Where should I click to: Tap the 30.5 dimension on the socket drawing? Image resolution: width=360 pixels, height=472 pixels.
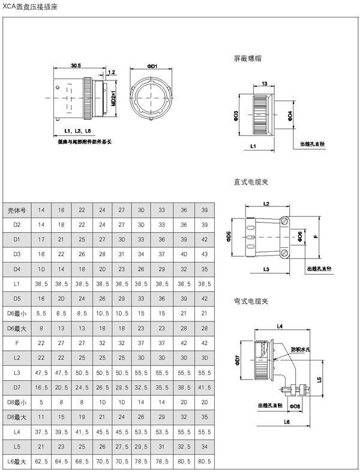[76, 65]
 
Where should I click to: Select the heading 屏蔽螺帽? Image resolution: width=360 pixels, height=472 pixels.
[247, 59]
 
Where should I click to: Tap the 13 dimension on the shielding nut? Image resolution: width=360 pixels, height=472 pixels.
[264, 84]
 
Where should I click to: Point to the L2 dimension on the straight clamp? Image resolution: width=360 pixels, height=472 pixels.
[267, 204]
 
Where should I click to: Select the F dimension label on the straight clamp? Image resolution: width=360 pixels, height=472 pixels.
[314, 236]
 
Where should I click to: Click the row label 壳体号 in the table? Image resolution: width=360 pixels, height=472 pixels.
[17, 210]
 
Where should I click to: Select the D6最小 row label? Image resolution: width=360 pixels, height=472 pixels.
[17, 313]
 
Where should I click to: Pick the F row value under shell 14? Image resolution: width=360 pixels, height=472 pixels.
[41, 342]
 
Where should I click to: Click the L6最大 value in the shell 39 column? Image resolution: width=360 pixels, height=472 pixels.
[205, 461]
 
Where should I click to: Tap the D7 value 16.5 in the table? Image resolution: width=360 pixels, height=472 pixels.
[41, 387]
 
